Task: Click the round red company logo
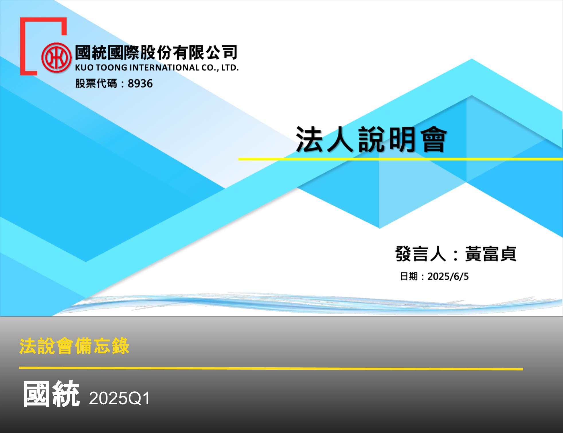point(56,57)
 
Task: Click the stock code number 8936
point(140,84)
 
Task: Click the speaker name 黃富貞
point(490,254)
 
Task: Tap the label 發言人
point(421,254)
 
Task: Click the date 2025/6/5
point(448,277)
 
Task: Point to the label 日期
point(409,277)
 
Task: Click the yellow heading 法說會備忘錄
point(74,346)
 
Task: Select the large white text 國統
point(51,394)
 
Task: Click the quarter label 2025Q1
point(120,398)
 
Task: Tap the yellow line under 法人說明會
point(400,159)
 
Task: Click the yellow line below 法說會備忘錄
point(271,368)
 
